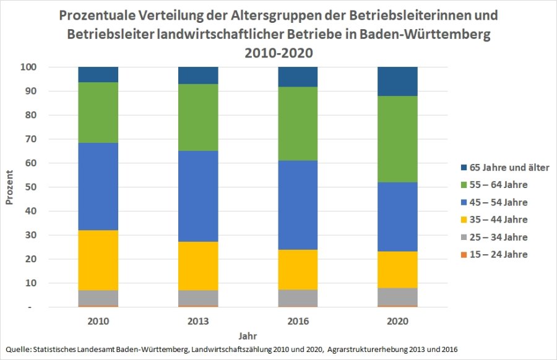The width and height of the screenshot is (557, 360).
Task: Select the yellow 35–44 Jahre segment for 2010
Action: [x=98, y=260]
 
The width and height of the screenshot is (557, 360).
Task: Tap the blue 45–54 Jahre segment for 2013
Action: [x=197, y=196]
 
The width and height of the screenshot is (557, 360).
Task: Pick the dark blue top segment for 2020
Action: [x=398, y=81]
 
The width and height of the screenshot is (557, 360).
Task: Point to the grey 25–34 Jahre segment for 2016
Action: [x=298, y=298]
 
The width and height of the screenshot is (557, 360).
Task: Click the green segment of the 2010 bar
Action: [x=98, y=113]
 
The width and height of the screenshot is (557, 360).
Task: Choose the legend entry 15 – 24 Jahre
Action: [x=498, y=254]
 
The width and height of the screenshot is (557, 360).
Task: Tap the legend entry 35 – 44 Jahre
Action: [x=498, y=220]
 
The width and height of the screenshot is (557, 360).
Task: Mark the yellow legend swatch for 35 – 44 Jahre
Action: [x=464, y=220]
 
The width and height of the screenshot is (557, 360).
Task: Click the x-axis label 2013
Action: [x=197, y=322]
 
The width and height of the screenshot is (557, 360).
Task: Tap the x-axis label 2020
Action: [x=398, y=322]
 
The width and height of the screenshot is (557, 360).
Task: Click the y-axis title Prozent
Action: [x=10, y=187]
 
